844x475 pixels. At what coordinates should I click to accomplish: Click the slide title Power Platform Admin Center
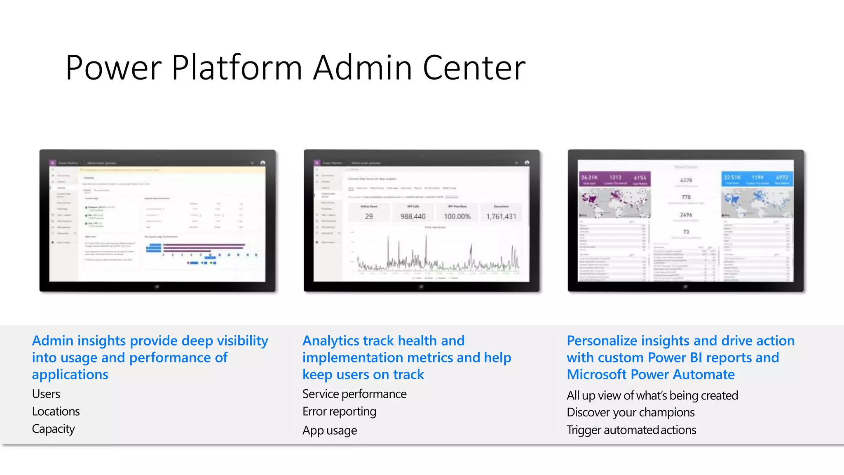pos(295,67)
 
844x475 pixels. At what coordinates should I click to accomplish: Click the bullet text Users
pos(46,394)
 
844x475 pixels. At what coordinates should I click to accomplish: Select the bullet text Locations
pos(56,412)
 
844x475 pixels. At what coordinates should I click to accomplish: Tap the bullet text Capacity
pos(54,429)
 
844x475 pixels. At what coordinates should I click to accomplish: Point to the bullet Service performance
pos(354,394)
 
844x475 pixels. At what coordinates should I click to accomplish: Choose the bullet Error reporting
pos(339,412)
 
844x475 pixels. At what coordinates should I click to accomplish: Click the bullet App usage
pos(330,430)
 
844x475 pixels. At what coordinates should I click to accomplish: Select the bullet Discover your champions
pos(631,412)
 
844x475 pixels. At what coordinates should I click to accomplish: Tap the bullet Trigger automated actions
pos(631,430)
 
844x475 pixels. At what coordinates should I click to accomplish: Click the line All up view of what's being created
pos(652,395)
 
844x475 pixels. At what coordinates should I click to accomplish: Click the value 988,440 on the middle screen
pos(413,216)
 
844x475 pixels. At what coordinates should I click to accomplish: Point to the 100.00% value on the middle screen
pos(457,216)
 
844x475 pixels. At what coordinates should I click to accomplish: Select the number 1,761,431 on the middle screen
pos(501,216)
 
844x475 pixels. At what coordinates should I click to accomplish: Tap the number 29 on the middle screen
pos(369,216)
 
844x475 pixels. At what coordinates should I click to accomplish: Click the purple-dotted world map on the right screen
pos(614,202)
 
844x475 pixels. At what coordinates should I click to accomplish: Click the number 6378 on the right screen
pos(686,180)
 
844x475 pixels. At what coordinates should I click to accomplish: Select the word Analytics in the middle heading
pos(331,341)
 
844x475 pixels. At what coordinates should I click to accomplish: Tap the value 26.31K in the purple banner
pos(589,177)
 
